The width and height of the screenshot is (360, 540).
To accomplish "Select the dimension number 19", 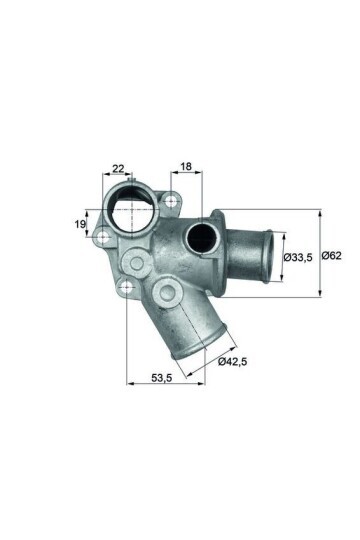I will [80, 224].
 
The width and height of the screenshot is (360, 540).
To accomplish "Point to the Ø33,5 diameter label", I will [297, 257].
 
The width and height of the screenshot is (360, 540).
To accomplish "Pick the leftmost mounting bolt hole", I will [101, 238].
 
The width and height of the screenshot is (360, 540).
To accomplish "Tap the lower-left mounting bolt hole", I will [126, 291].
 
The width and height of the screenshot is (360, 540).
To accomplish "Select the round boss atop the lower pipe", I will [166, 293].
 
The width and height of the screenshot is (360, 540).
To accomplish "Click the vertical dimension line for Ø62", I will [320, 254].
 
